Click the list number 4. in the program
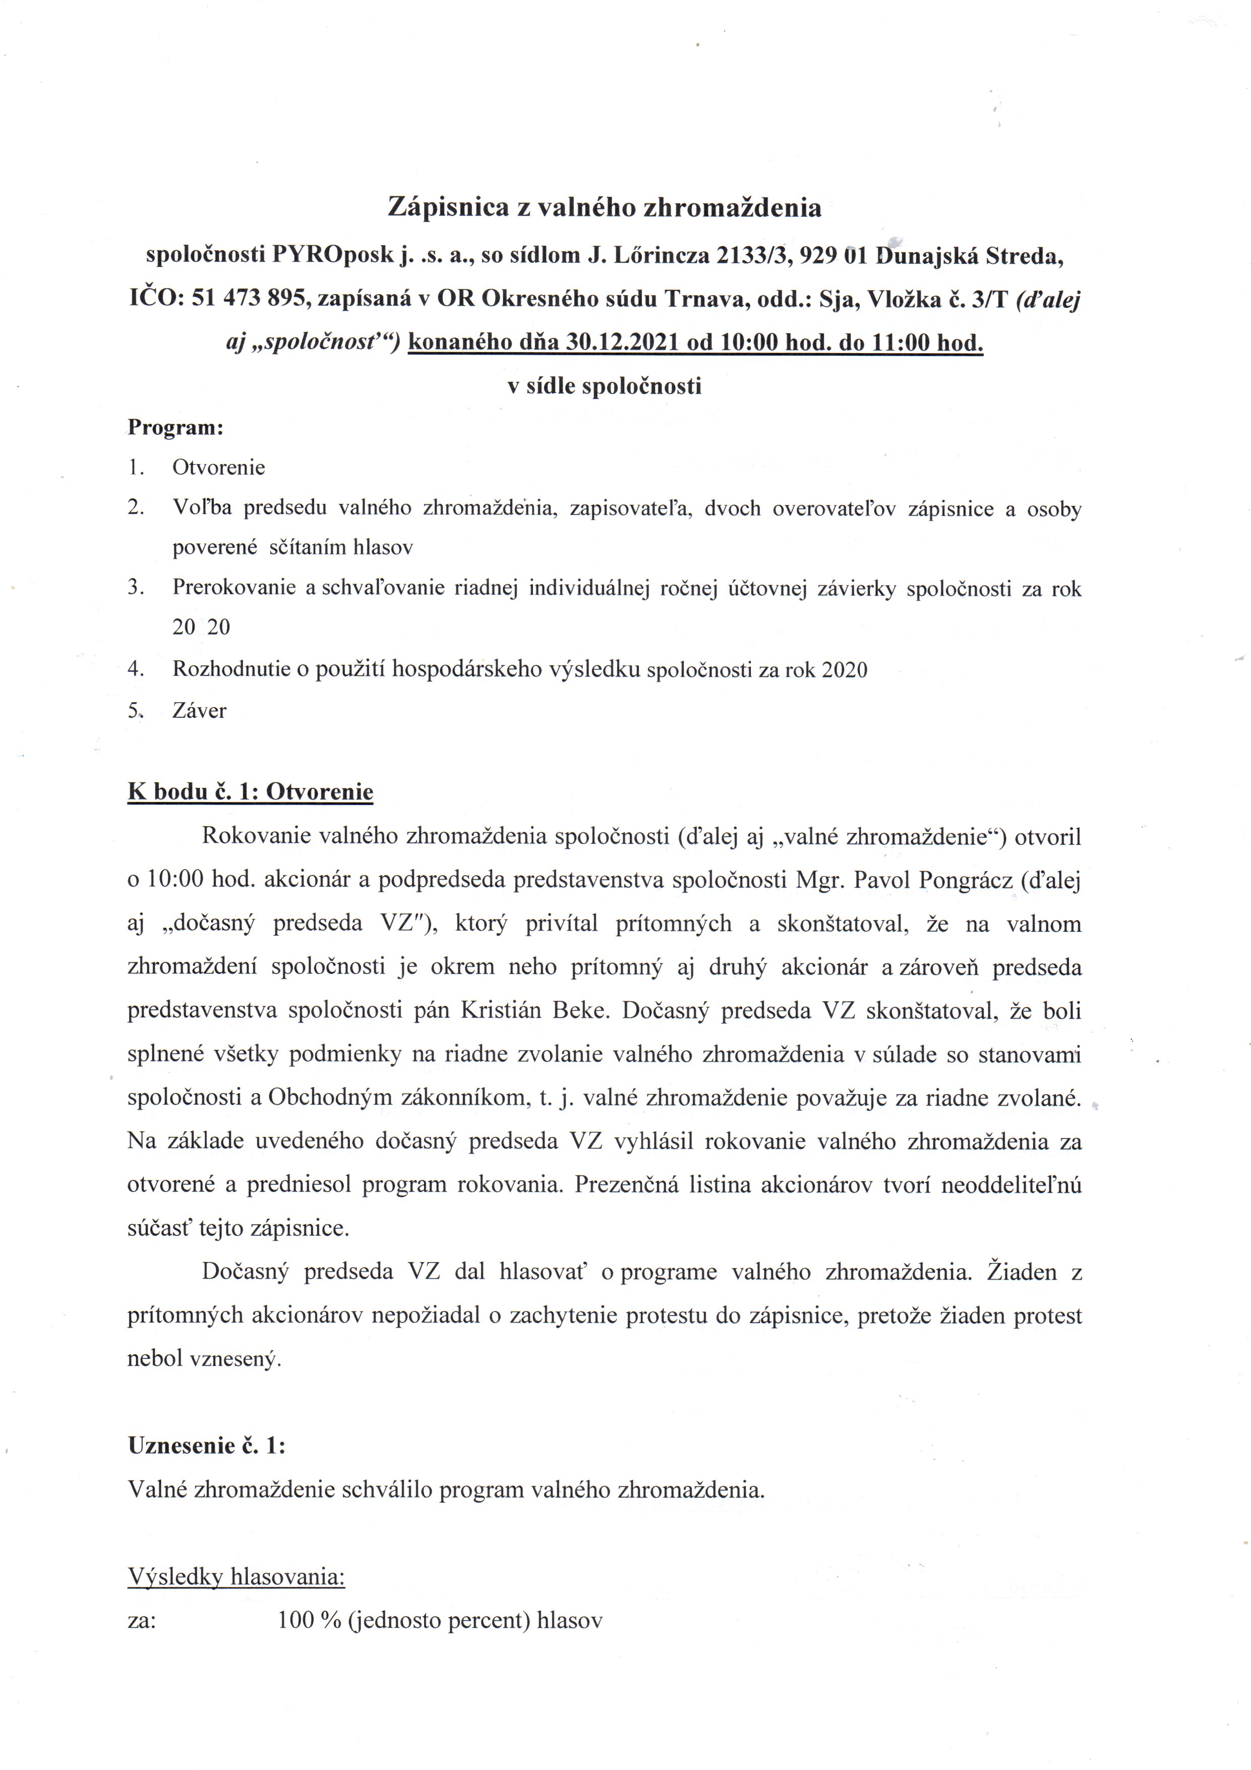click(x=137, y=669)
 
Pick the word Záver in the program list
click(x=200, y=710)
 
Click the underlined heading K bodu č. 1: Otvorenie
click(x=251, y=792)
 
